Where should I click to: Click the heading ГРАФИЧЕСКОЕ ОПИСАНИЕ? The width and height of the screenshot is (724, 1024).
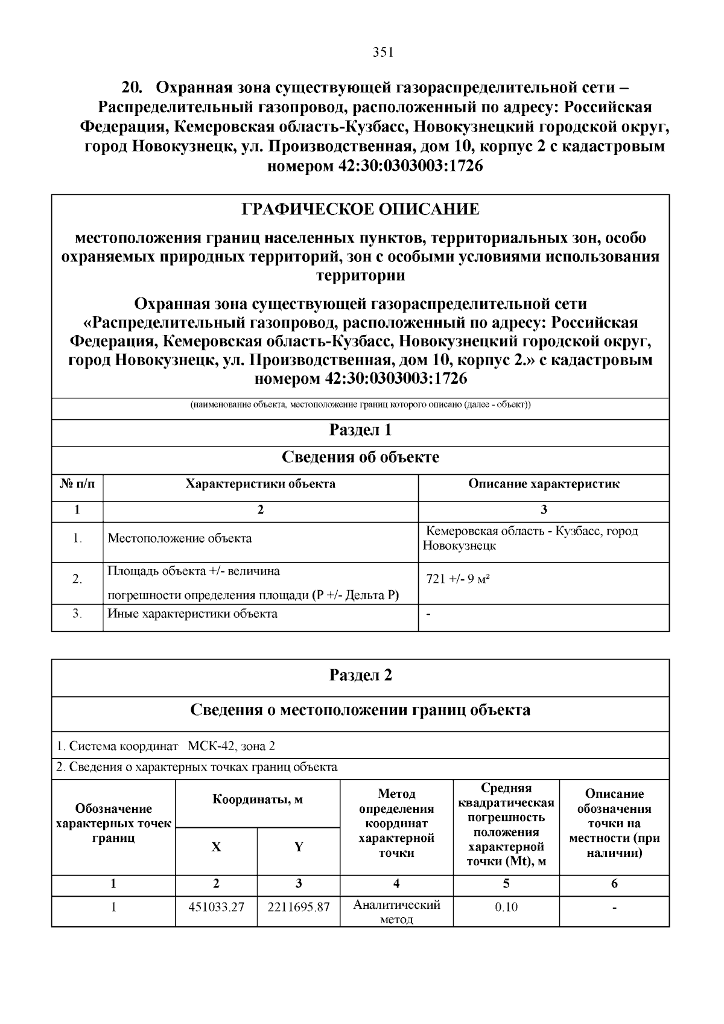[360, 209]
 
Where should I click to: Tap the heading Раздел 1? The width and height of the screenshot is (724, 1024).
[360, 430]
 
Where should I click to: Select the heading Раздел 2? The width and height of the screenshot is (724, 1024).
[360, 675]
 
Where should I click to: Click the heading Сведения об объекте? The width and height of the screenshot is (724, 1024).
[360, 457]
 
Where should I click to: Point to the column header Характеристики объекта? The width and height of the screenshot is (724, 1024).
[260, 484]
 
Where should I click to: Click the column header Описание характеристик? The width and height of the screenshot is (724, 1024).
[544, 484]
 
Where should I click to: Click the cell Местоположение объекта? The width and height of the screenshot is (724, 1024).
[180, 538]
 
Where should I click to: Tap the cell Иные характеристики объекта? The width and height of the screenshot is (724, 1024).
[192, 614]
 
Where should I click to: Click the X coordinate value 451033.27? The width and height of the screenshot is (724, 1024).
[216, 907]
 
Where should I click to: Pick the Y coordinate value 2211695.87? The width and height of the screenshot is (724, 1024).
[299, 907]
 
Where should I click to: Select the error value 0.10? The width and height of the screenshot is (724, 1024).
[506, 907]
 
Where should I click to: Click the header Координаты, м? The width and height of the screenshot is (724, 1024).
[258, 800]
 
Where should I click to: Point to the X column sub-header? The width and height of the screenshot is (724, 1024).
[216, 847]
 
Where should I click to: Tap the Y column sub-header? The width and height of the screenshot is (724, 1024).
[299, 847]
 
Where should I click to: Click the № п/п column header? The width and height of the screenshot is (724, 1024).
[77, 484]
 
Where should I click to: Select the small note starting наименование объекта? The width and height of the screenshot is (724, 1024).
[360, 404]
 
